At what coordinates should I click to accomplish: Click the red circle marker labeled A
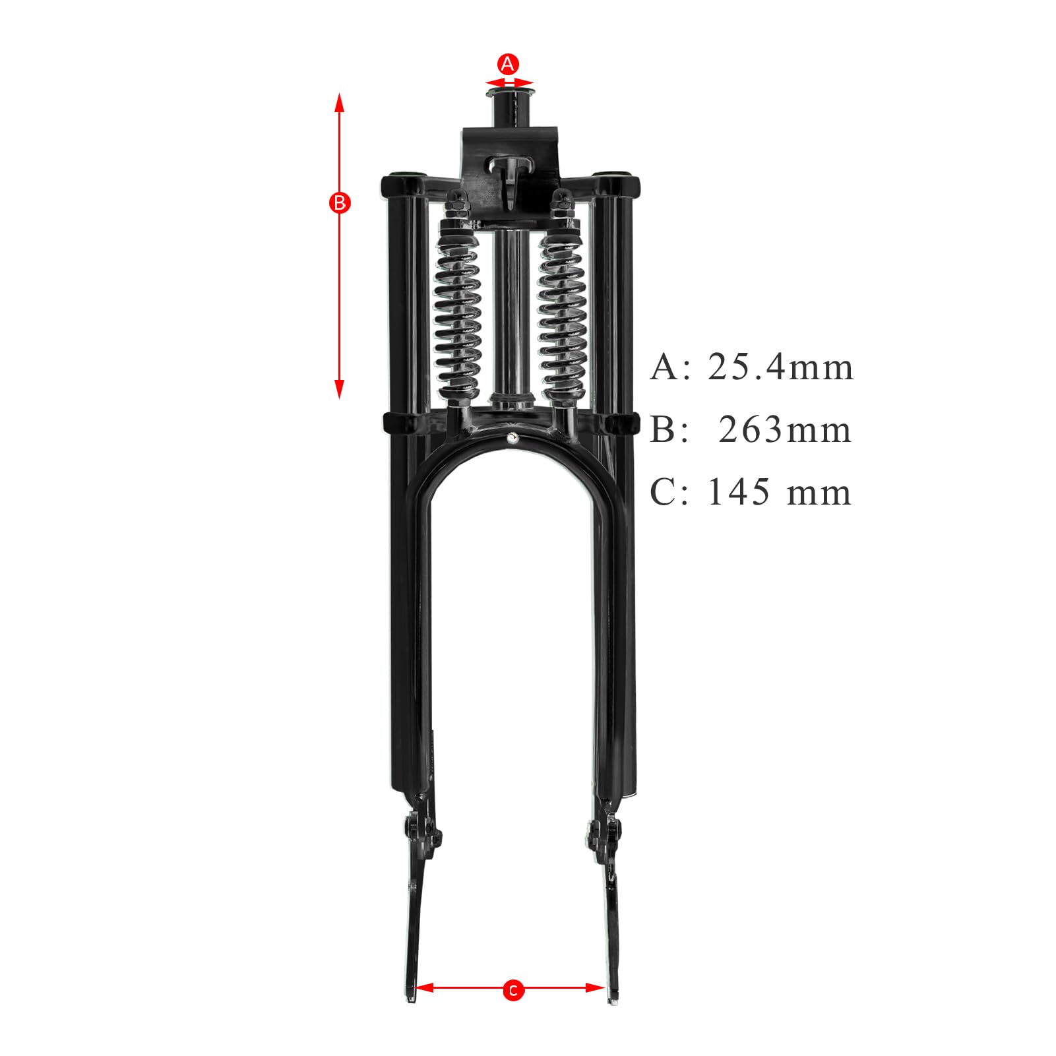click(507, 65)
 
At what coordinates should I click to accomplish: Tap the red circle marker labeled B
click(340, 203)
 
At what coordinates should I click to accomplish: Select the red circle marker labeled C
click(512, 1009)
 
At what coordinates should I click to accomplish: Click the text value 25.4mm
click(780, 367)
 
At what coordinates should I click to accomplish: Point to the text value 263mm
click(785, 430)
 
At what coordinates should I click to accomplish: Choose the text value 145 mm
click(779, 493)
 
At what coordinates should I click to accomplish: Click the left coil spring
click(457, 313)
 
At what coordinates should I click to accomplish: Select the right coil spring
click(563, 313)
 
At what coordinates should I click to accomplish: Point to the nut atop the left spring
click(456, 198)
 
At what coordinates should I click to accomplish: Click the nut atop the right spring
click(563, 198)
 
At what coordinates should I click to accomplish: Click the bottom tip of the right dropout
click(613, 1020)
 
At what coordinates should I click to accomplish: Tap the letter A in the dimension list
click(664, 367)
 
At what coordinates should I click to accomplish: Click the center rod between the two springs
click(509, 310)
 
